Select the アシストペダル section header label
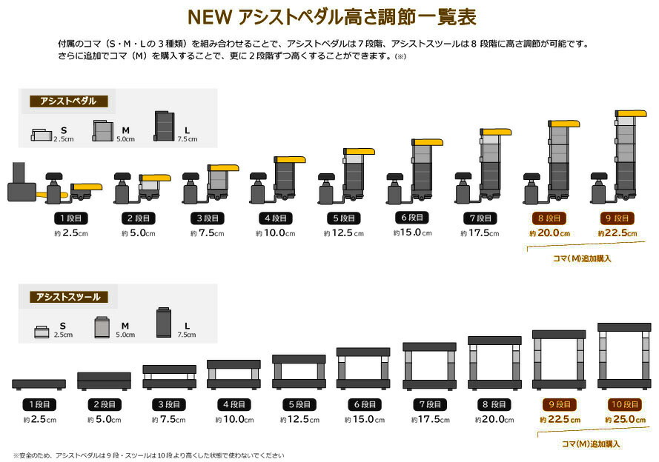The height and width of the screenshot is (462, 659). click(67, 101)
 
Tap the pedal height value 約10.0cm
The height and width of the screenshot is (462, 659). click(276, 233)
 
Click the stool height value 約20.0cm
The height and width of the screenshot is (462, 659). click(494, 420)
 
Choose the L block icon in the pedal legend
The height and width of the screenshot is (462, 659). click(164, 126)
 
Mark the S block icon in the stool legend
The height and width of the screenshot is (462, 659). click(43, 331)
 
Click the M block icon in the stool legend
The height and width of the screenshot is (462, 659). click(103, 327)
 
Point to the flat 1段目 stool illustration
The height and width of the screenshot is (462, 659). click(39, 384)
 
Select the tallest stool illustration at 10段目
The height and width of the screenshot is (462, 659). click(623, 355)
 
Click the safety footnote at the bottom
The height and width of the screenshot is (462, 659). click(148, 455)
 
